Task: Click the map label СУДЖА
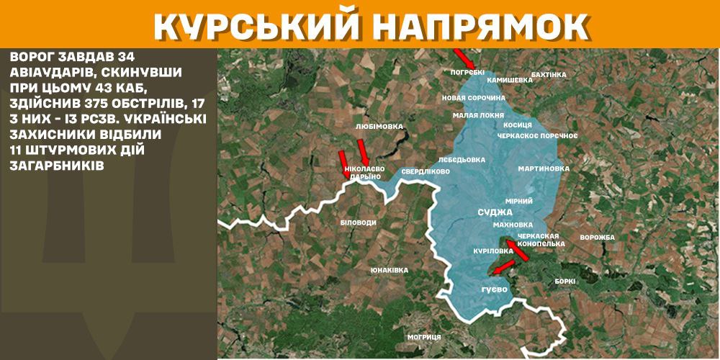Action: [495, 212]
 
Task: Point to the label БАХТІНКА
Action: [549, 74]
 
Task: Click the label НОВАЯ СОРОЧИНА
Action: [473, 97]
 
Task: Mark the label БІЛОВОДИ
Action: [358, 222]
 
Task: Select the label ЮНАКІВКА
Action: [389, 270]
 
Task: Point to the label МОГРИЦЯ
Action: [423, 337]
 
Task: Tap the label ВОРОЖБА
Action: [597, 238]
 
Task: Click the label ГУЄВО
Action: [495, 289]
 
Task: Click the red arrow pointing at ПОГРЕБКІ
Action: [462, 58]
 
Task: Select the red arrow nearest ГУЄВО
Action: [503, 268]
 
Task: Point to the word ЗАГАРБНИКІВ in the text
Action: [58, 165]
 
